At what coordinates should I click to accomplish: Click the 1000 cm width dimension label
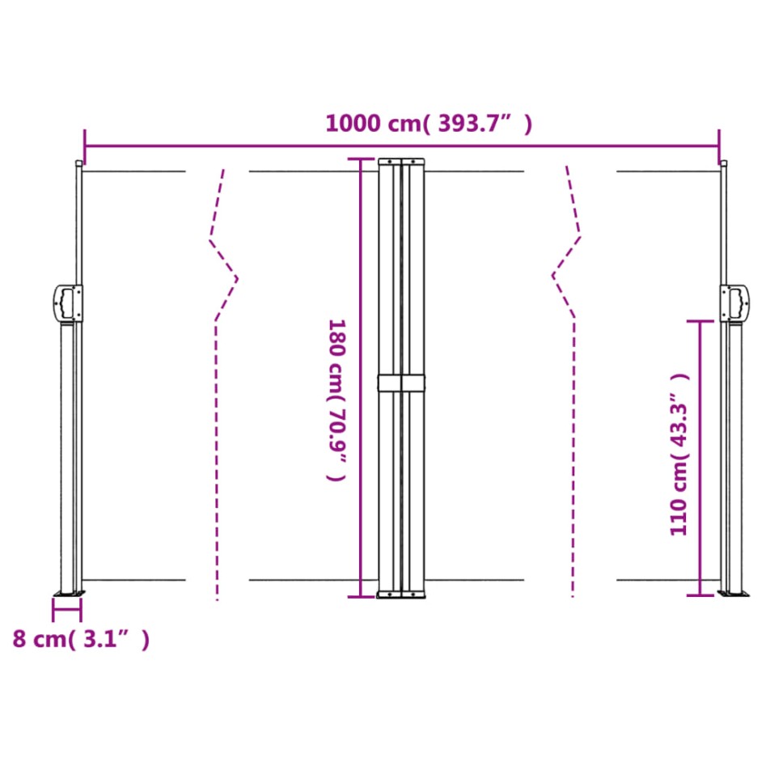(429, 124)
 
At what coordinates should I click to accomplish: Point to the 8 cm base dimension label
(81, 639)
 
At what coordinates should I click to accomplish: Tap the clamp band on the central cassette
(402, 383)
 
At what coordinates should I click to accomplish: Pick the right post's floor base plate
(734, 595)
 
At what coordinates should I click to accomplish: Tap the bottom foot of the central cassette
(402, 595)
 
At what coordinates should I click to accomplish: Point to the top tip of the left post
(78, 164)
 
